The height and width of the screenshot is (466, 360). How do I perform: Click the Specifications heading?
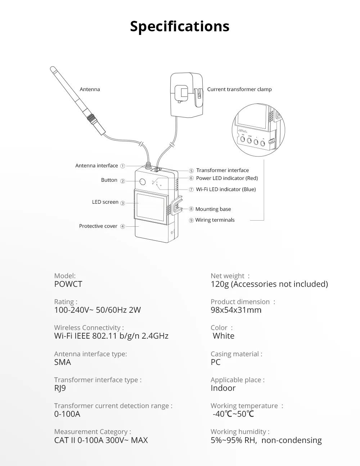[180, 26]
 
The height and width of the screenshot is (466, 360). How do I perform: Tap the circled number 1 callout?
[122, 166]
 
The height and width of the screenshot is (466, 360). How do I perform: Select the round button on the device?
[142, 182]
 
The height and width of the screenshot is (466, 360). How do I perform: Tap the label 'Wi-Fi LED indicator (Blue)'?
[226, 189]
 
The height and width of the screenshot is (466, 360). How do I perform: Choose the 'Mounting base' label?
[213, 209]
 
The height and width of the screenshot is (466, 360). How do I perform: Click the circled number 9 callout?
[191, 220]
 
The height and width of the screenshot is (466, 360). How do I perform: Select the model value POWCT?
[68, 284]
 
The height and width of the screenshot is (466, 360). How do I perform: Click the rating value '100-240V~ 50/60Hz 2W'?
[97, 310]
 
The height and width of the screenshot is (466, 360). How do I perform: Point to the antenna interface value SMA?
[63, 362]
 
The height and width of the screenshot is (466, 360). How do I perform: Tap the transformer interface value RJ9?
[60, 388]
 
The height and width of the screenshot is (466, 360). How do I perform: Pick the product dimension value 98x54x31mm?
[236, 310]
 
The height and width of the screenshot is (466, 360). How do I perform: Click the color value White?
[223, 336]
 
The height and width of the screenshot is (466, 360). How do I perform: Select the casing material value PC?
[215, 362]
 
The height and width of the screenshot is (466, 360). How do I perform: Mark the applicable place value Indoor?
[223, 388]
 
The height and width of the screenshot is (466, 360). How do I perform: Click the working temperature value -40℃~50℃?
[233, 414]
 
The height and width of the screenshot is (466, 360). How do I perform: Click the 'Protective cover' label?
[98, 226]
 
